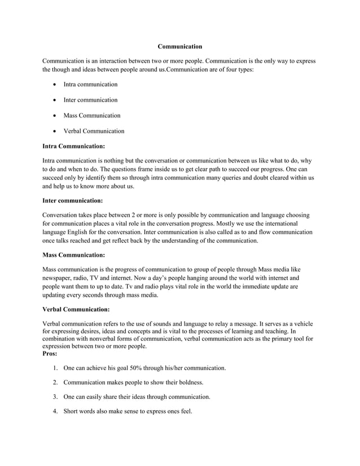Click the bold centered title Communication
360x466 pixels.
coord(179,46)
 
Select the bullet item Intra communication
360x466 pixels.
coord(90,84)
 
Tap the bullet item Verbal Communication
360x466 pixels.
coord(94,131)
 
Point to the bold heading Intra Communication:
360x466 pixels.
coord(74,146)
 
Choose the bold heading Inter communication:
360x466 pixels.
coord(73,200)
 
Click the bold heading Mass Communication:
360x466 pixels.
coord(74,254)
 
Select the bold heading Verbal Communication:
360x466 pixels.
coord(76,309)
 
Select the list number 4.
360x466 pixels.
coord(55,412)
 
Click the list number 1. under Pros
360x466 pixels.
coord(55,368)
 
